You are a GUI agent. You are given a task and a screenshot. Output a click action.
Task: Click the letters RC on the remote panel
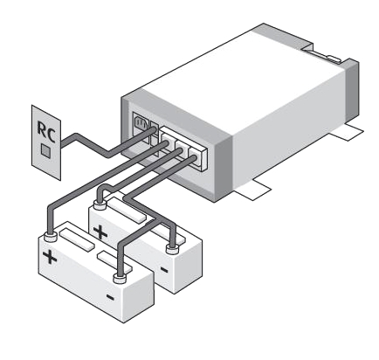tap(46, 132)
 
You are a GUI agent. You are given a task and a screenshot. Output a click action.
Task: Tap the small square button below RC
tap(45, 150)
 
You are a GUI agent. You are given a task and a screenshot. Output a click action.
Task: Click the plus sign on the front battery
tap(50, 257)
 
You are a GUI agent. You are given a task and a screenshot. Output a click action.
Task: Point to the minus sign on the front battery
tap(110, 297)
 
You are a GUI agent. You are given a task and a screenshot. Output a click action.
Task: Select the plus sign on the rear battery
tap(100, 232)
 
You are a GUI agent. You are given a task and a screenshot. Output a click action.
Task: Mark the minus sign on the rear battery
tap(164, 270)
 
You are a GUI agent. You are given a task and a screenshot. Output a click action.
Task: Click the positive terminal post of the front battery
tap(51, 238)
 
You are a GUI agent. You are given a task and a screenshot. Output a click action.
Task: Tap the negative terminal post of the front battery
tap(120, 278)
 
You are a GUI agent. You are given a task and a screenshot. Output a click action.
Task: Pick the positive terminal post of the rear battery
tap(100, 204)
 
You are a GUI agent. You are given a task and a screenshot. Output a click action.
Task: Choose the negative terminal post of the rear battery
tap(172, 249)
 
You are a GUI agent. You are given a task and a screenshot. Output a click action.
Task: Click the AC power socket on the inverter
tap(141, 125)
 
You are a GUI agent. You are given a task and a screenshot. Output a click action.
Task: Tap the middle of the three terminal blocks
tap(183, 148)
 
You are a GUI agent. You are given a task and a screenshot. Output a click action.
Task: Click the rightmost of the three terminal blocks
tap(197, 156)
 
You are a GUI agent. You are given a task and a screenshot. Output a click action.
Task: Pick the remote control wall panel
tap(46, 142)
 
